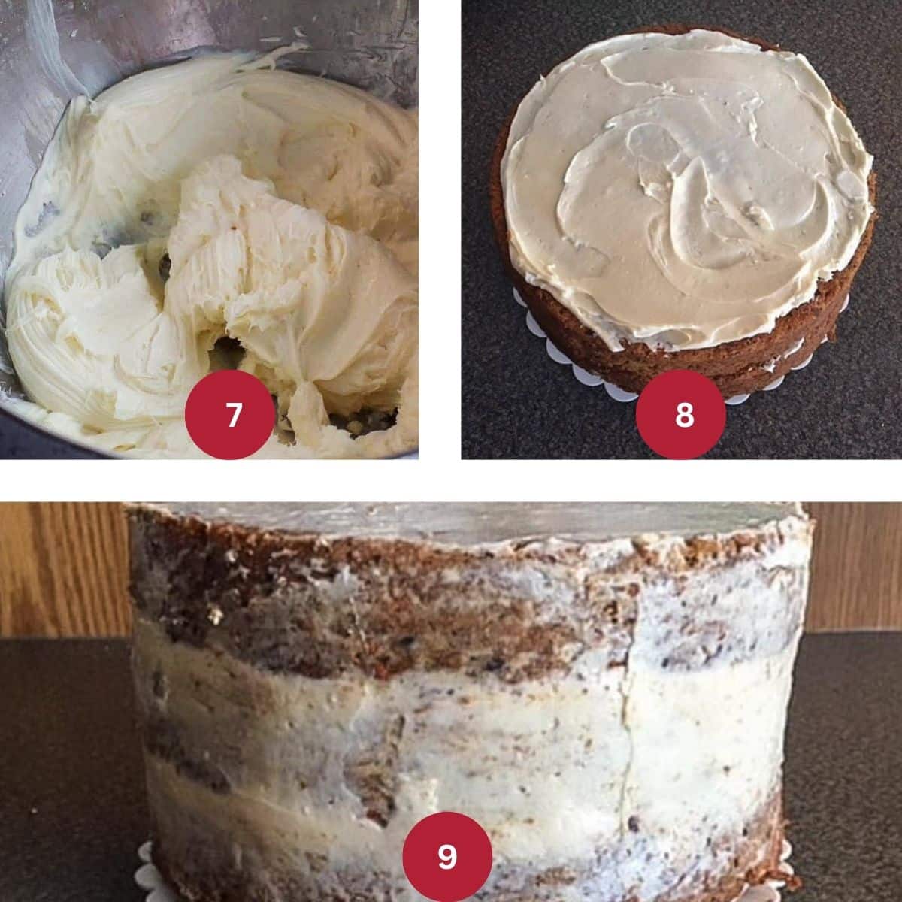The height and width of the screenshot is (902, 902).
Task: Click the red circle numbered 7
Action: tap(230, 414)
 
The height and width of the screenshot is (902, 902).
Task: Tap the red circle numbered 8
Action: tap(680, 414)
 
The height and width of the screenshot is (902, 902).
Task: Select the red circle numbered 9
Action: tap(447, 857)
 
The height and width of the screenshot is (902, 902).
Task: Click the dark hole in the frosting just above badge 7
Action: tap(228, 349)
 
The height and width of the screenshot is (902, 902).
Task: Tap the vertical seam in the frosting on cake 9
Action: tap(626, 730)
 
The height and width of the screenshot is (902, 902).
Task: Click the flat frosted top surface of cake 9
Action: tap(468, 520)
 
